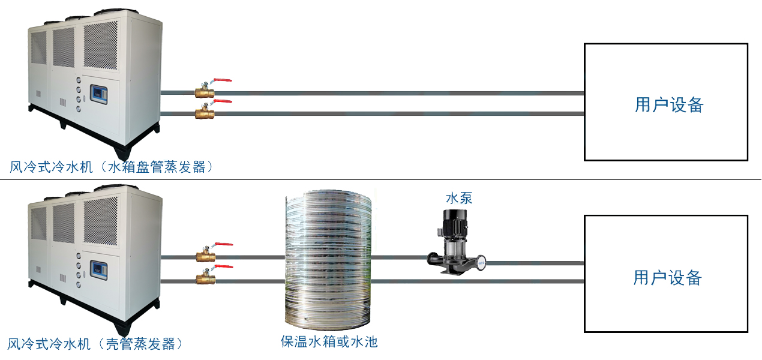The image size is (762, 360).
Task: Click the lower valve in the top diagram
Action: click(205, 113)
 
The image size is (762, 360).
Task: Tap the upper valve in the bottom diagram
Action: click(206, 257)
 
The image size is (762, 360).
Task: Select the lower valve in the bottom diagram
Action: click(206, 278)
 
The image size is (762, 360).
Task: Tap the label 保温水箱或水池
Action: click(329, 342)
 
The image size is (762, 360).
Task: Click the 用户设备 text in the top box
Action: click(668, 105)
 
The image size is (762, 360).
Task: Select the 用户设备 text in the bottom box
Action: click(667, 278)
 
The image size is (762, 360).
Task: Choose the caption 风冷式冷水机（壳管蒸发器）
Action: click(95, 344)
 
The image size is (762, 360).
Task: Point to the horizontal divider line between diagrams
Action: click(381, 179)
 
